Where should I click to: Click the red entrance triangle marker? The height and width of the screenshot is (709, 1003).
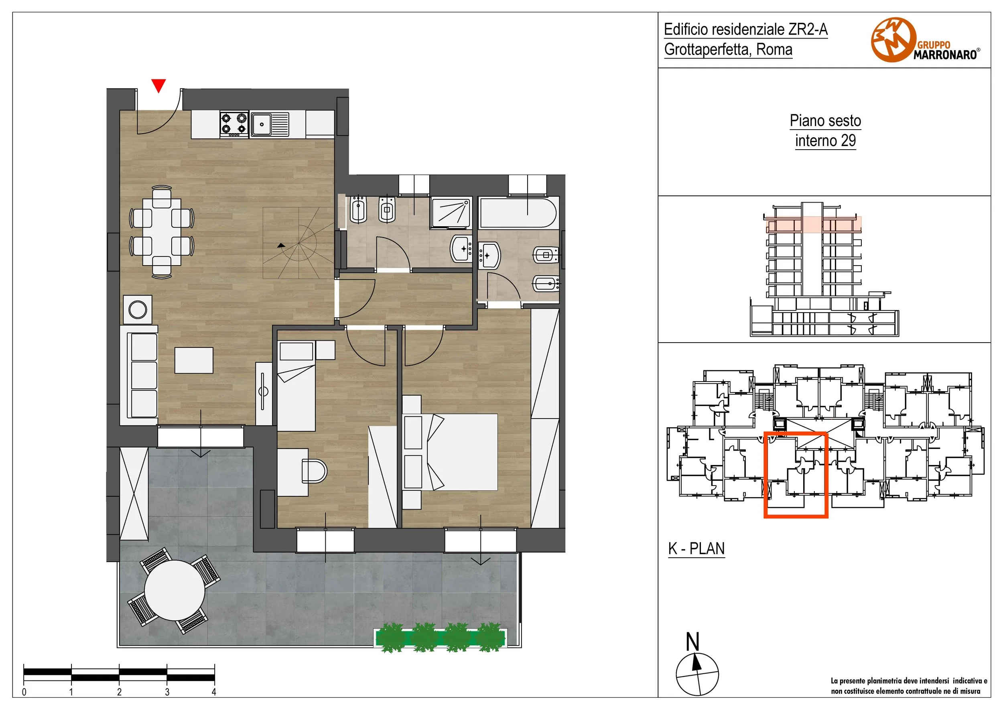tap(158, 85)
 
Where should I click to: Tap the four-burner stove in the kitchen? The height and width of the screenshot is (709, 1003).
tap(234, 124)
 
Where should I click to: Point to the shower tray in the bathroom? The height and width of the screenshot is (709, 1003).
tap(451, 213)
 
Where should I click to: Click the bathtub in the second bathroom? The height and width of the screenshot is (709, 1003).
tap(518, 213)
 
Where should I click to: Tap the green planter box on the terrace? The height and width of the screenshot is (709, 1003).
tap(440, 638)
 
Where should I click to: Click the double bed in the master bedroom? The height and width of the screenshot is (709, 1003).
tap(454, 452)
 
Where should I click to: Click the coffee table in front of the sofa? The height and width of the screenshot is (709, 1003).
tap(194, 360)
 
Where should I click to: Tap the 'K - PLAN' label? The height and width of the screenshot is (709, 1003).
tap(696, 548)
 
